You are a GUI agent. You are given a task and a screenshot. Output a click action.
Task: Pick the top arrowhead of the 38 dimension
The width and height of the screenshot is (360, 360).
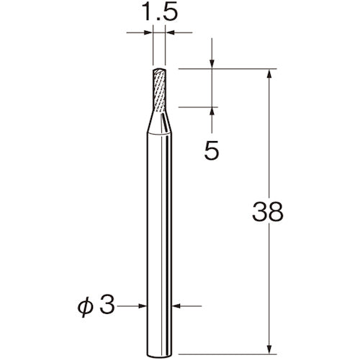coord(269,74)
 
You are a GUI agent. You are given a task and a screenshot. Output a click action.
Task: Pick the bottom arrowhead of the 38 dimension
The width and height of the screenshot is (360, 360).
coord(269,329)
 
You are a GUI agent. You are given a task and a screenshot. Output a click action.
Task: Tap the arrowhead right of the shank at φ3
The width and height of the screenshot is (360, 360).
coord(179,305)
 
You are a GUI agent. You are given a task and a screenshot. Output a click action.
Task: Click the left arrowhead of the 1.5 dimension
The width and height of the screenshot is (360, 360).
coord(148,32)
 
